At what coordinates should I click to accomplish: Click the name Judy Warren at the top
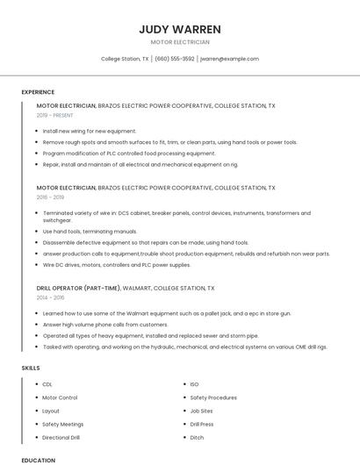point(180,29)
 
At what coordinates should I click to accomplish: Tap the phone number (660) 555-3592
point(175,59)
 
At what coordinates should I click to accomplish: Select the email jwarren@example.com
point(229,59)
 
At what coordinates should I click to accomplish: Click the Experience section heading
point(38,92)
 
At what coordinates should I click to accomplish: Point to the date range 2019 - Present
point(54,115)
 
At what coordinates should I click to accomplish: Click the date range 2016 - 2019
point(51,197)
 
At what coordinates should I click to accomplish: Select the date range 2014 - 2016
point(51,297)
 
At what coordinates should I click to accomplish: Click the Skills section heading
point(31,368)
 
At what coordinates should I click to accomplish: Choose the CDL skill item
point(47,384)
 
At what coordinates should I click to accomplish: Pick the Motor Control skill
point(60,397)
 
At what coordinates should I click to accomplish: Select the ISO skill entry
point(194,384)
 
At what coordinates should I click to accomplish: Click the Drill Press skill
point(201,424)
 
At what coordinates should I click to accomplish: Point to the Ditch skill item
point(197,437)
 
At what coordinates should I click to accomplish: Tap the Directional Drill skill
point(61,437)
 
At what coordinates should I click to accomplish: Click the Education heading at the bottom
point(38,460)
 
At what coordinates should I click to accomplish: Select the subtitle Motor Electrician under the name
point(180,41)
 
